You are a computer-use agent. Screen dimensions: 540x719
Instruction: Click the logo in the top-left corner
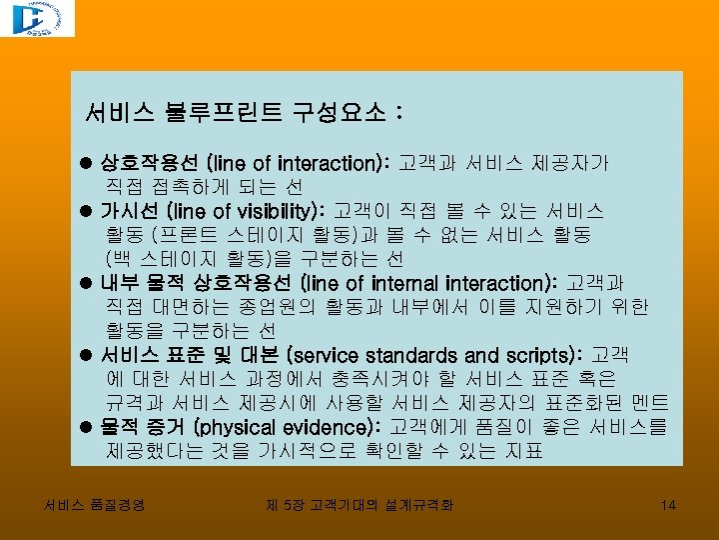(37, 19)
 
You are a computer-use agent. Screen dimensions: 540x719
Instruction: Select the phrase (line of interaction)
(297, 163)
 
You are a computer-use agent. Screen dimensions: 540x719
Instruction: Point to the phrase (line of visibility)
(247, 211)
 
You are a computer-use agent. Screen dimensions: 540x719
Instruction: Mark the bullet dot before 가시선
(87, 212)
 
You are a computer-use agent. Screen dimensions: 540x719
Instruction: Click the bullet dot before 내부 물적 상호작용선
(87, 284)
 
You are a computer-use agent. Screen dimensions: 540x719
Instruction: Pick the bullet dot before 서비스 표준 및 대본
(87, 356)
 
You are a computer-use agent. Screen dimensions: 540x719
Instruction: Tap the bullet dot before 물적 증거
(87, 428)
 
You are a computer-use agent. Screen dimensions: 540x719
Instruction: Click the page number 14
(668, 505)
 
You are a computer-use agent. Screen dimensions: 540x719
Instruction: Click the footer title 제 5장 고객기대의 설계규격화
(359, 505)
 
